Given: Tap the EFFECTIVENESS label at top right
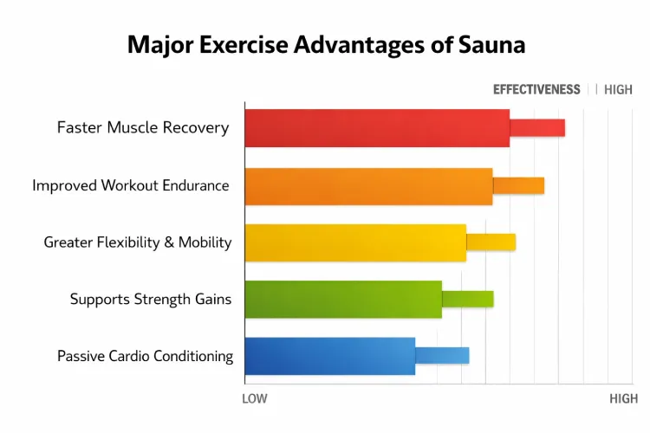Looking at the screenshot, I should tap(536, 89).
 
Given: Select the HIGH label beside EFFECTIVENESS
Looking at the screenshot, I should tap(618, 89).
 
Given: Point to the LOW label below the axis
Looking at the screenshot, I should tap(254, 398).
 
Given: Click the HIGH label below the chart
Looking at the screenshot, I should tap(623, 398).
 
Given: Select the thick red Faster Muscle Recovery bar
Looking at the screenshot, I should tap(377, 128).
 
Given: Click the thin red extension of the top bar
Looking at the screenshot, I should tap(537, 128).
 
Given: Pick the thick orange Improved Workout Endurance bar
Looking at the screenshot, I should tap(368, 186).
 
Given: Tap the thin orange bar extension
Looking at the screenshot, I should tap(518, 185).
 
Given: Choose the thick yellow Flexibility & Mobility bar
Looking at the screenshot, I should tap(355, 242).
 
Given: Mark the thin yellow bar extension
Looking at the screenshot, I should tap(491, 242).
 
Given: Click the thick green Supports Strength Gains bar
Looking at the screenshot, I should tap(343, 299).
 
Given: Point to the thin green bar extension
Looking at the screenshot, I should tap(467, 299).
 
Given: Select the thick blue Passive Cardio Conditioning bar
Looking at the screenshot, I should tap(329, 356).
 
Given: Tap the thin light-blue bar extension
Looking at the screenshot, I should tap(442, 355).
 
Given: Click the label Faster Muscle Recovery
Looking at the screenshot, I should tap(143, 128).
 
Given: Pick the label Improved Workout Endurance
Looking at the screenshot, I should tap(131, 185).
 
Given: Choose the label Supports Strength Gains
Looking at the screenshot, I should tap(151, 300).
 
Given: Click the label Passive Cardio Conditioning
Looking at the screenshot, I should tap(145, 356).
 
